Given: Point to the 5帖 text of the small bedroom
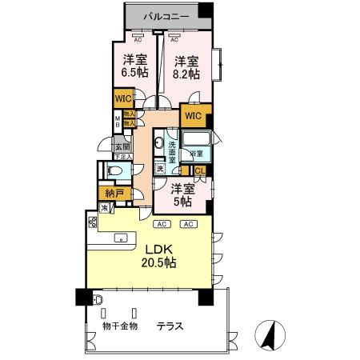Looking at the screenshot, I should tap(183, 202).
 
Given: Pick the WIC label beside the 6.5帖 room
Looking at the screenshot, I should tap(124, 99).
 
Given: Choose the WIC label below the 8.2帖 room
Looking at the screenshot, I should tap(194, 116).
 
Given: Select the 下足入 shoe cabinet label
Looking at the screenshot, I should tap(122, 157).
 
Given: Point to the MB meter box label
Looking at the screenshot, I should tap(116, 122).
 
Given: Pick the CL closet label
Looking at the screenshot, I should tap(200, 170).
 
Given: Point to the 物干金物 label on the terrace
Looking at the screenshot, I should tap(121, 326).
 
